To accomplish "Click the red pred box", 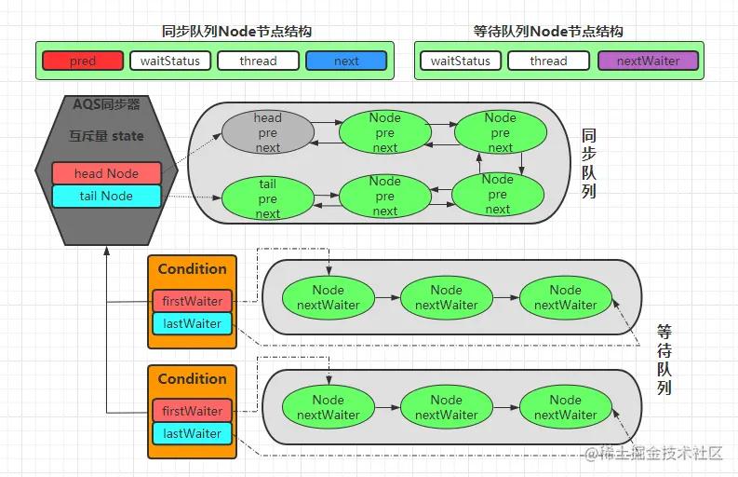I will pos(82,61).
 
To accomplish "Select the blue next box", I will pos(346,61).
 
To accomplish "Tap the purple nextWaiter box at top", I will pos(647,61).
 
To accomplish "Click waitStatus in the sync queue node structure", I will pos(170,61).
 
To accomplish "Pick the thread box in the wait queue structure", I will pos(548,61).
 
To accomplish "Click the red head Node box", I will pos(106,173).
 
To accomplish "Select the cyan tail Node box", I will pos(106,196).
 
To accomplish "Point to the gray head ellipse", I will pos(267,132).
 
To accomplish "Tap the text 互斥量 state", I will pos(106,136).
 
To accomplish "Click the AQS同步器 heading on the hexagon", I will pos(106,104).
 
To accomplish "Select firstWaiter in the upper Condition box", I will pos(192,301).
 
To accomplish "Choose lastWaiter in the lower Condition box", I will pos(192,433).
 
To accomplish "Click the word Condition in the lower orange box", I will pos(192,379).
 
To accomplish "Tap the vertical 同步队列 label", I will pos(588,163).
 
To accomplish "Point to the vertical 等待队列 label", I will pos(664,360).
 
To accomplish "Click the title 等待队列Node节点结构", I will pos(547,31).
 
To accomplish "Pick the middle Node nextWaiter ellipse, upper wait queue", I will pos(446,297).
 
